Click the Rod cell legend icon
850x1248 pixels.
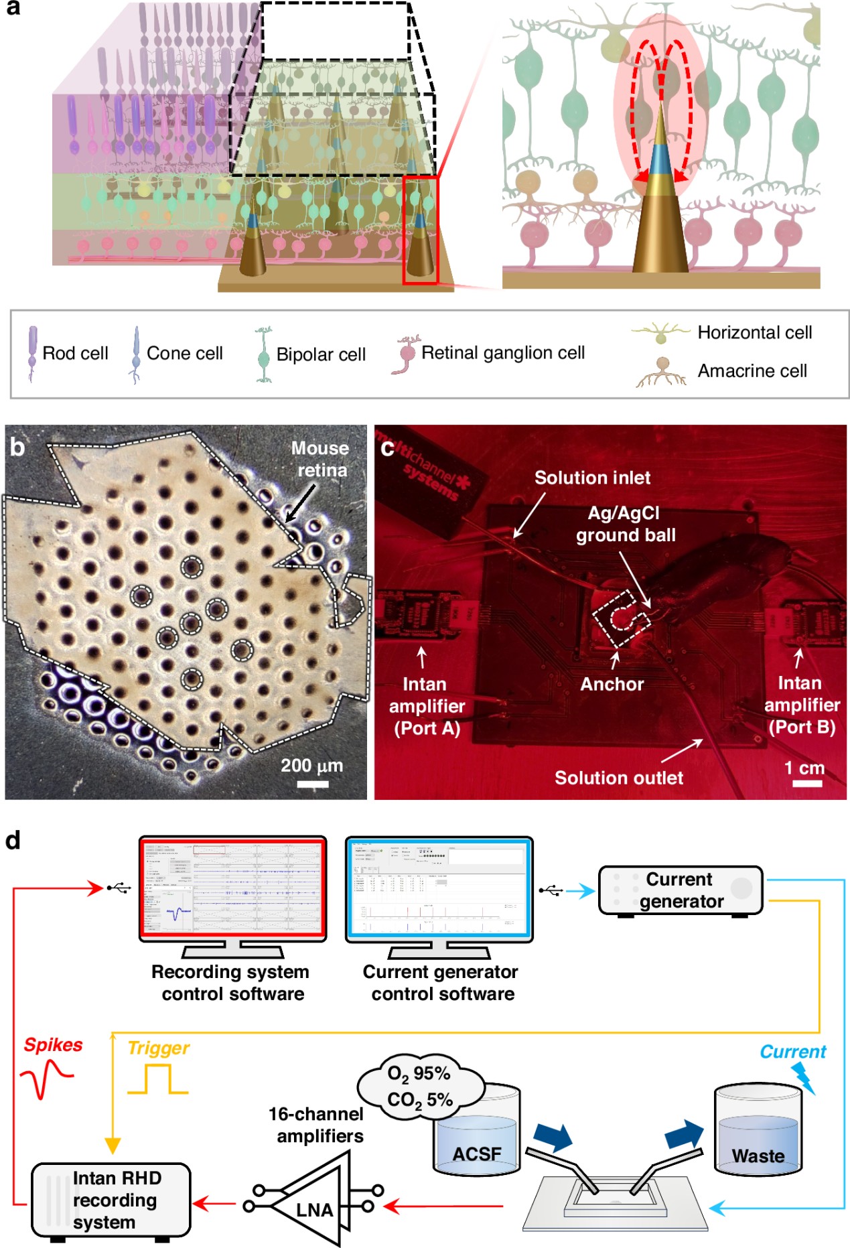(32, 353)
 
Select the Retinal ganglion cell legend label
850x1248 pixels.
(502, 353)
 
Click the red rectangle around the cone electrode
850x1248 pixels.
(421, 230)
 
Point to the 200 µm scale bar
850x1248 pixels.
(312, 784)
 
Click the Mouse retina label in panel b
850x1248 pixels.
(320, 459)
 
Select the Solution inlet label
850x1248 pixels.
(592, 478)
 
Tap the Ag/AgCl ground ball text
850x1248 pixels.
(626, 524)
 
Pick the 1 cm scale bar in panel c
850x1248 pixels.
(806, 783)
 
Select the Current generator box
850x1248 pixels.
(681, 890)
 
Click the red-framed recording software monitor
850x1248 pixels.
(232, 889)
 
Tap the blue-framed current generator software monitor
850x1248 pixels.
(439, 889)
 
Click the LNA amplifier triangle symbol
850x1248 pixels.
(311, 1207)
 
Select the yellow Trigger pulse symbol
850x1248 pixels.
(158, 1080)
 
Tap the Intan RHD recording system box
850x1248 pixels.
(111, 1200)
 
